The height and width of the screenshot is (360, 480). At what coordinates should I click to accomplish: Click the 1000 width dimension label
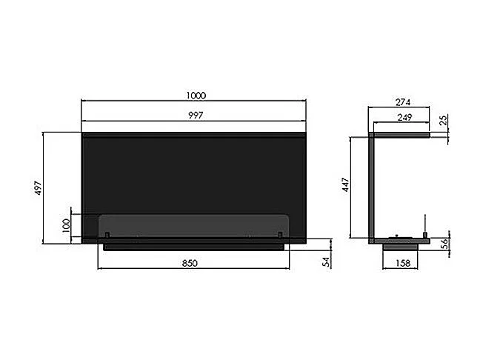196,96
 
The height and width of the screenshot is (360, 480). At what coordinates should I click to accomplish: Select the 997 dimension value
196,116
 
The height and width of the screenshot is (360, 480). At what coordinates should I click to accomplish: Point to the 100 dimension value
66,225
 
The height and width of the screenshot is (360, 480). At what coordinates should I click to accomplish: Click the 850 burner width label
190,263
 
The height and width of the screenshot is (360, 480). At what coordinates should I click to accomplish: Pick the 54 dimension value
327,262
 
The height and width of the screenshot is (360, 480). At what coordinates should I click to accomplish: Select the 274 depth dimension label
403,102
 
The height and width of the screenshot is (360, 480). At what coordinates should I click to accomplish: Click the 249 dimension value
404,117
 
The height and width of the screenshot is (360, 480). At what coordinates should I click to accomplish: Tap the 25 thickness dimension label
443,120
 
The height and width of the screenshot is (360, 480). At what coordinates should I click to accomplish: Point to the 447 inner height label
345,185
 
